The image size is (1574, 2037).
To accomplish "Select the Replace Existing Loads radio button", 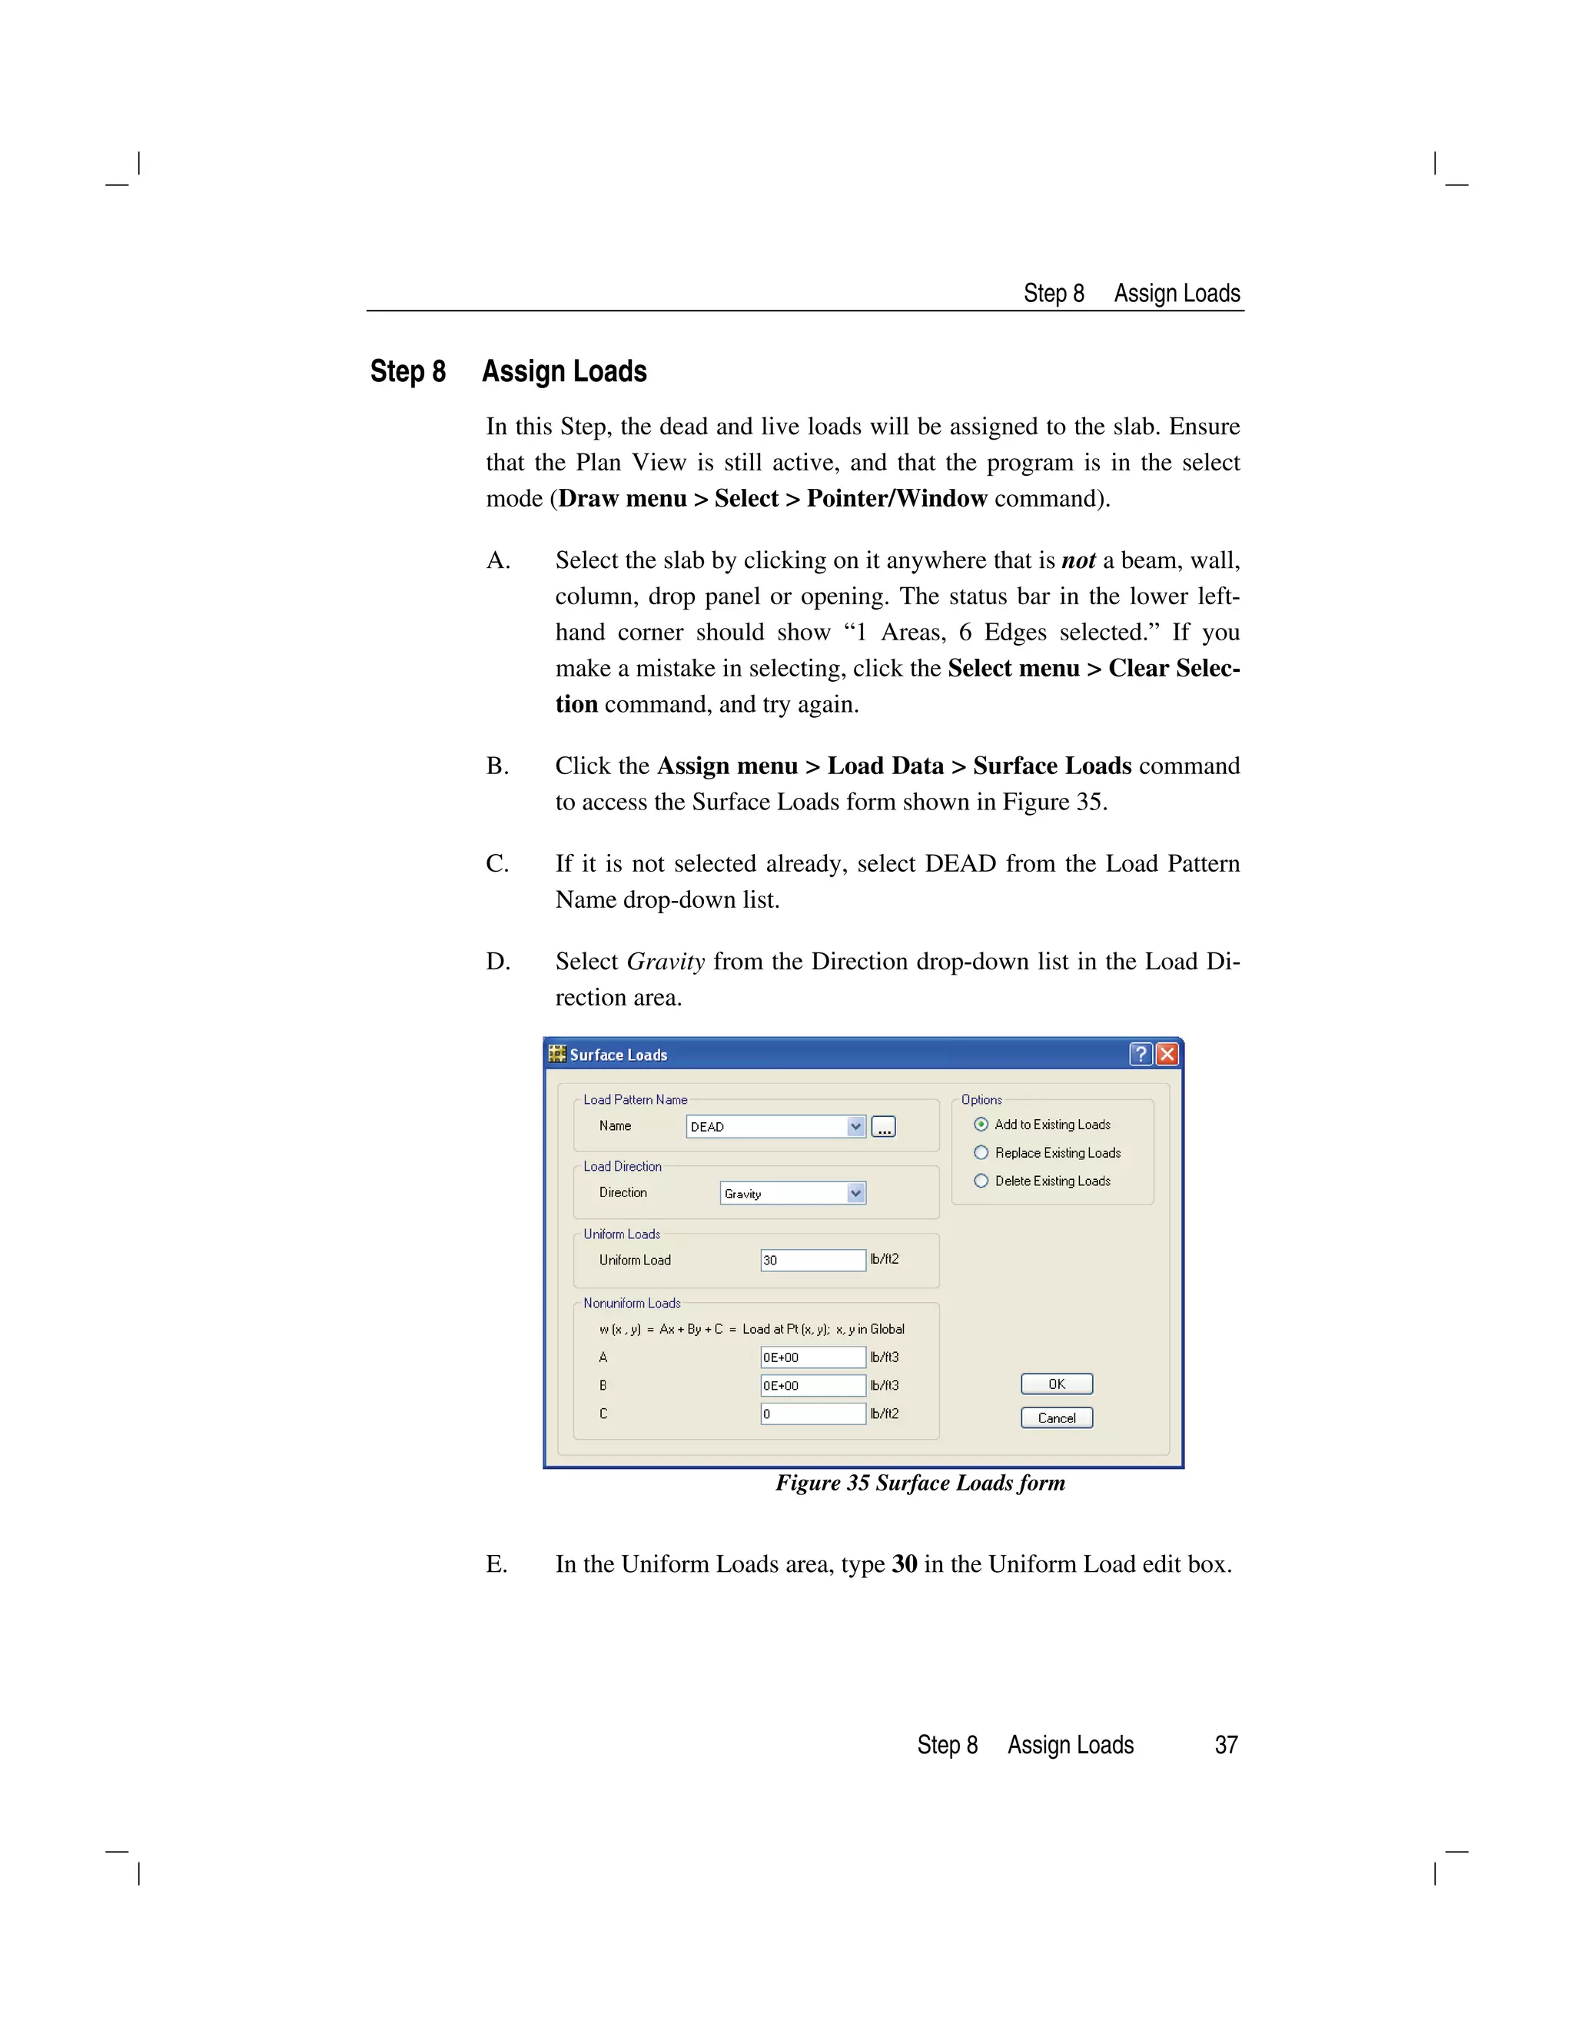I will tap(981, 1153).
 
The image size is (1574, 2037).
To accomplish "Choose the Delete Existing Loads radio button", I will tap(981, 1181).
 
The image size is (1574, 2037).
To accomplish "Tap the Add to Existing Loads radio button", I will tap(981, 1125).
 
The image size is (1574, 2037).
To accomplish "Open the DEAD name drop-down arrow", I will tap(855, 1127).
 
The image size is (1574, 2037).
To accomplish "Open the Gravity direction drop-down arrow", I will tap(855, 1193).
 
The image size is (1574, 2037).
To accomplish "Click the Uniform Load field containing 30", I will tap(812, 1260).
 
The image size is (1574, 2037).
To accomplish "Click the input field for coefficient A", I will tap(812, 1357).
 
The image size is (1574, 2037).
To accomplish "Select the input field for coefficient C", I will tap(812, 1414).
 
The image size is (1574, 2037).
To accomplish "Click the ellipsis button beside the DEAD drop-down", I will tap(883, 1127).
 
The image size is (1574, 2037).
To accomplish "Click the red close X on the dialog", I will tap(1167, 1054).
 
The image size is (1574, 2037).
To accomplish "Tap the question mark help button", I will tap(1141, 1054).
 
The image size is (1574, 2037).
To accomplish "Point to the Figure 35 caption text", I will tap(919, 1483).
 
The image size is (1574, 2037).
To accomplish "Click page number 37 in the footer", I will tap(1225, 1745).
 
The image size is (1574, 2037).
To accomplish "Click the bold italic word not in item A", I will tap(1078, 560).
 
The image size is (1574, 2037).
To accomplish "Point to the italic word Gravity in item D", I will tap(665, 962).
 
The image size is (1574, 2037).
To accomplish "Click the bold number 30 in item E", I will tap(904, 1564).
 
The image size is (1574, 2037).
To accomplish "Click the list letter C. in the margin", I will tap(497, 864).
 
